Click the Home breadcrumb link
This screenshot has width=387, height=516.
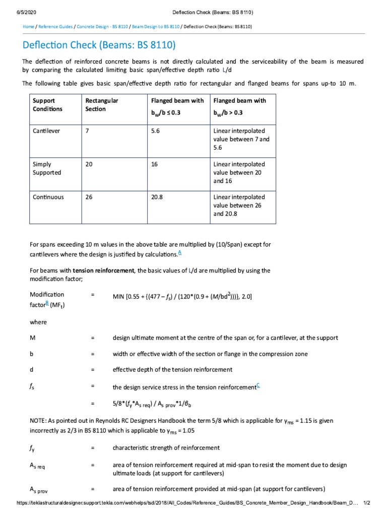coord(28,26)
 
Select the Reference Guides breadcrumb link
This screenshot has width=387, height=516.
coord(56,26)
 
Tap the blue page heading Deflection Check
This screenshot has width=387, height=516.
coord(99,45)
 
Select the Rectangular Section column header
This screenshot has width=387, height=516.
coord(102,104)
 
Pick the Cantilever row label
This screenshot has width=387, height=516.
coord(46,131)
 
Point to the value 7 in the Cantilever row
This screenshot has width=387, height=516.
coord(88,131)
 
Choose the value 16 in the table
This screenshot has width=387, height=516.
coord(155,164)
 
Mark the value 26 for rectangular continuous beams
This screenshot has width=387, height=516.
coord(89,198)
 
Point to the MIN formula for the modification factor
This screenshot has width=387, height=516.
coord(182,297)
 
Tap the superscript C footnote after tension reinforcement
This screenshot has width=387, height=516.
coord(258,385)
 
